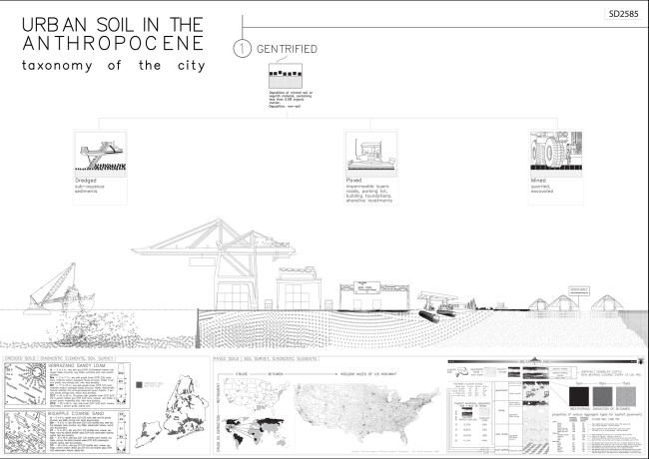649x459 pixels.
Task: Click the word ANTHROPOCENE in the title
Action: pyautogui.click(x=114, y=45)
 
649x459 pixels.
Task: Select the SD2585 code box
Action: pyautogui.click(x=624, y=14)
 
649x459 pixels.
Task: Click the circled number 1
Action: pyautogui.click(x=242, y=47)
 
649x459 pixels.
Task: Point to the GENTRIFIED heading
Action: pyautogui.click(x=288, y=47)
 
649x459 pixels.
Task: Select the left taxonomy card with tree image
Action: pyautogui.click(x=102, y=166)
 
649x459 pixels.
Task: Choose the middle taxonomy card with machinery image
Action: pyautogui.click(x=370, y=166)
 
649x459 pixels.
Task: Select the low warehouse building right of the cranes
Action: pyautogui.click(x=374, y=295)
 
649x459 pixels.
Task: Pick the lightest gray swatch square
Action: pyautogui.click(x=626, y=396)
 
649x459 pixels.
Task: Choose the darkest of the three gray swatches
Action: pyautogui.click(x=581, y=396)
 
